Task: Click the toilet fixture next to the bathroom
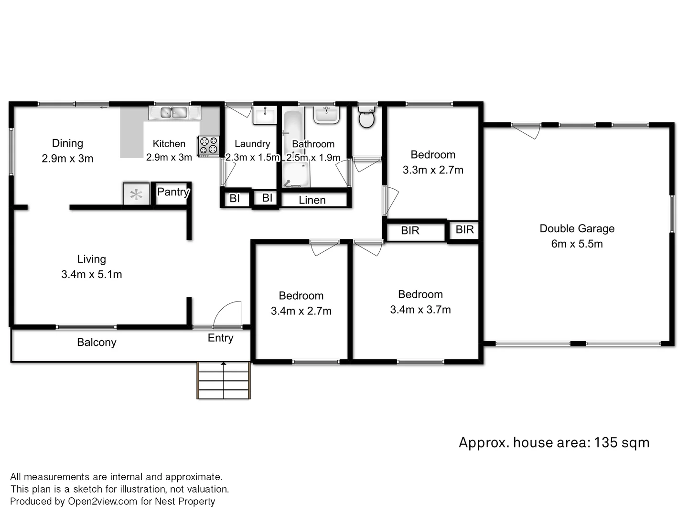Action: coord(366,118)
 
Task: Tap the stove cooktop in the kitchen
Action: coord(208,146)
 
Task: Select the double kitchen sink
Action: coord(173,113)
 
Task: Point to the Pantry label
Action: coord(173,192)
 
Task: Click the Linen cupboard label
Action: coord(312,200)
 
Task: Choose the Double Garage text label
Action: coord(577,228)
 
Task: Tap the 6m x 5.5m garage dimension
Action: coord(577,244)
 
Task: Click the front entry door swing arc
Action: coord(227,313)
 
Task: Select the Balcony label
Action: coord(97,342)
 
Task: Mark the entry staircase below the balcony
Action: coord(224,380)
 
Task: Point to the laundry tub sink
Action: coord(265,115)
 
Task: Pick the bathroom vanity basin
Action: coord(326,115)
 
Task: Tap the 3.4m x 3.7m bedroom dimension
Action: coord(420,310)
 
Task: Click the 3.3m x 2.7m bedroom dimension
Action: coord(433,170)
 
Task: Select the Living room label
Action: coord(91,259)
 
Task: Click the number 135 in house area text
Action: coord(606,442)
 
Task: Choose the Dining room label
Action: coord(67,143)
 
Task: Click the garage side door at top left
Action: coord(526,130)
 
